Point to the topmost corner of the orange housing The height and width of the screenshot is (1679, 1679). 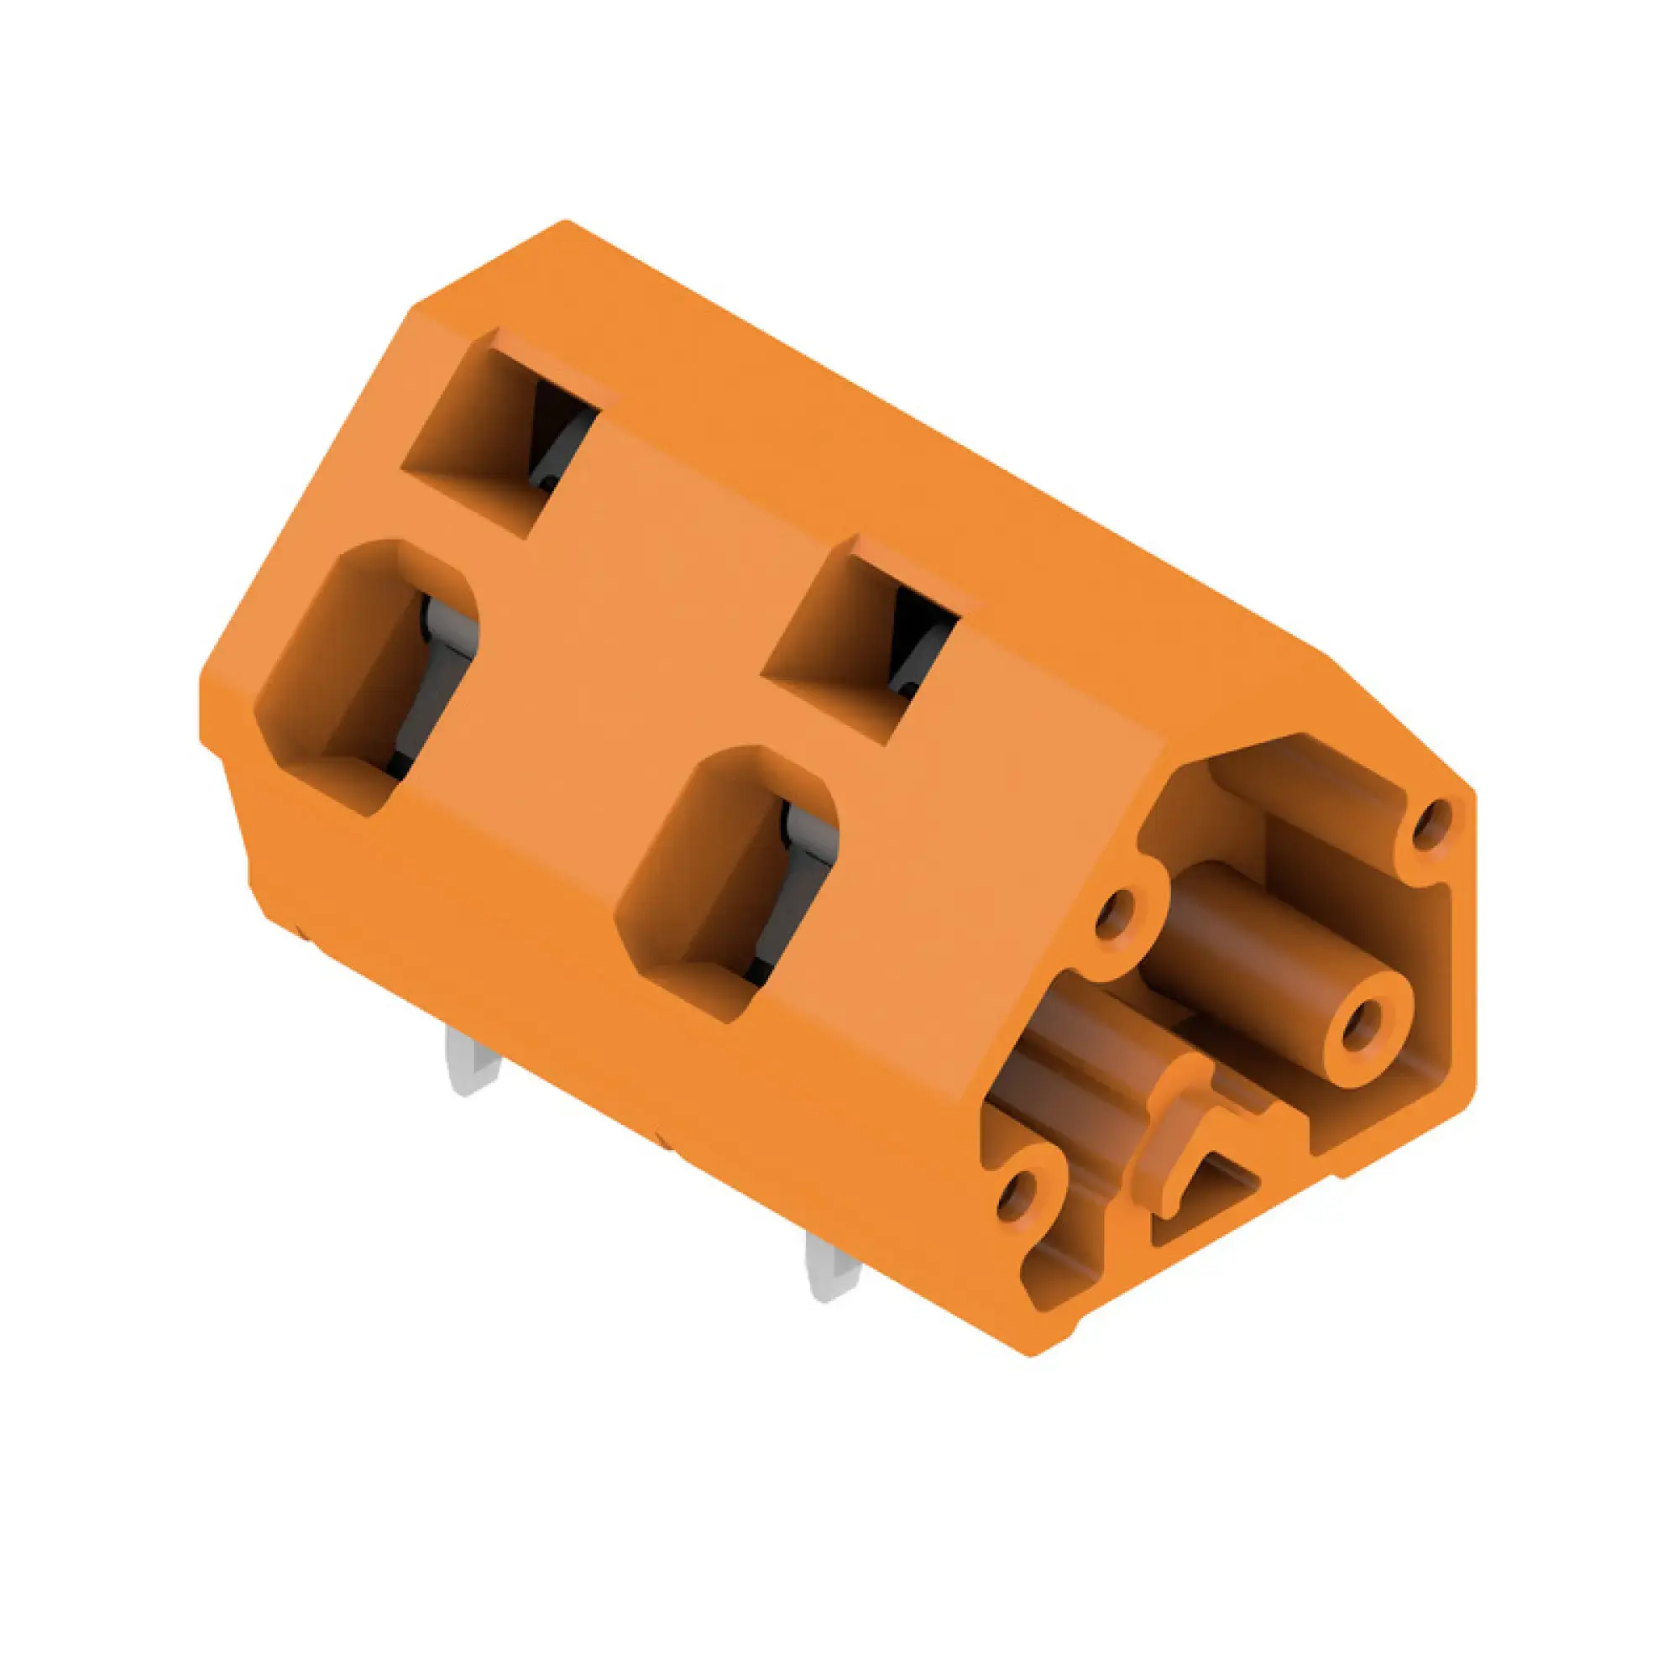tap(566, 222)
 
